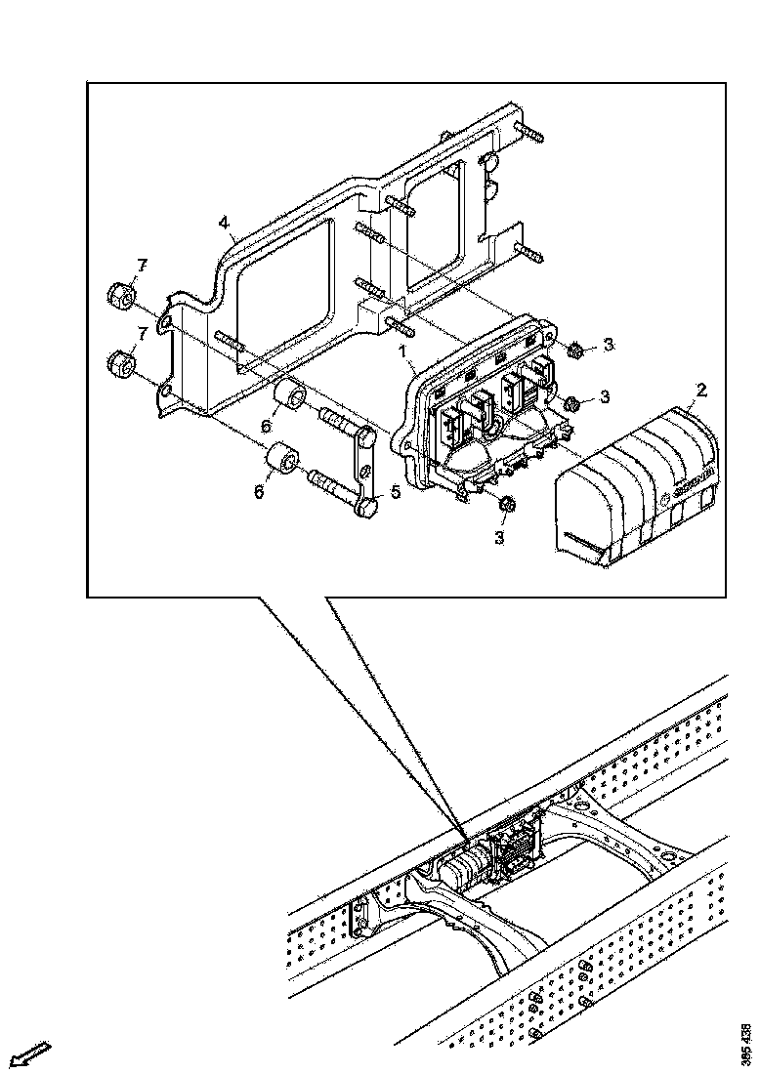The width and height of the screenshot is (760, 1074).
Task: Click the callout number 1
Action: tap(401, 349)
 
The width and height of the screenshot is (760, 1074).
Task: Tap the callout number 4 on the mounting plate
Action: tap(225, 224)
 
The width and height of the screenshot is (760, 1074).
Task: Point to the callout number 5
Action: tap(396, 492)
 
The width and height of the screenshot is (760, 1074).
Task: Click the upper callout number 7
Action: tap(142, 266)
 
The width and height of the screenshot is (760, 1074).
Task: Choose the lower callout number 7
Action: tap(142, 334)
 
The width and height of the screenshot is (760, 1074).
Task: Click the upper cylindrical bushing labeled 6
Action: tap(291, 399)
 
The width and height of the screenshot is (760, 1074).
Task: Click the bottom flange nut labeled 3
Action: tap(506, 505)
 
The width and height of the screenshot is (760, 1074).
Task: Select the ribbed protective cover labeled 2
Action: tap(635, 488)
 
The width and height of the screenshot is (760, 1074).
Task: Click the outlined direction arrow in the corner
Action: tap(29, 1053)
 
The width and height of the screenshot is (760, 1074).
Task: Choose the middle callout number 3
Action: tap(607, 396)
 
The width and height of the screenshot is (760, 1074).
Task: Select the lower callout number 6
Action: tap(259, 491)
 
